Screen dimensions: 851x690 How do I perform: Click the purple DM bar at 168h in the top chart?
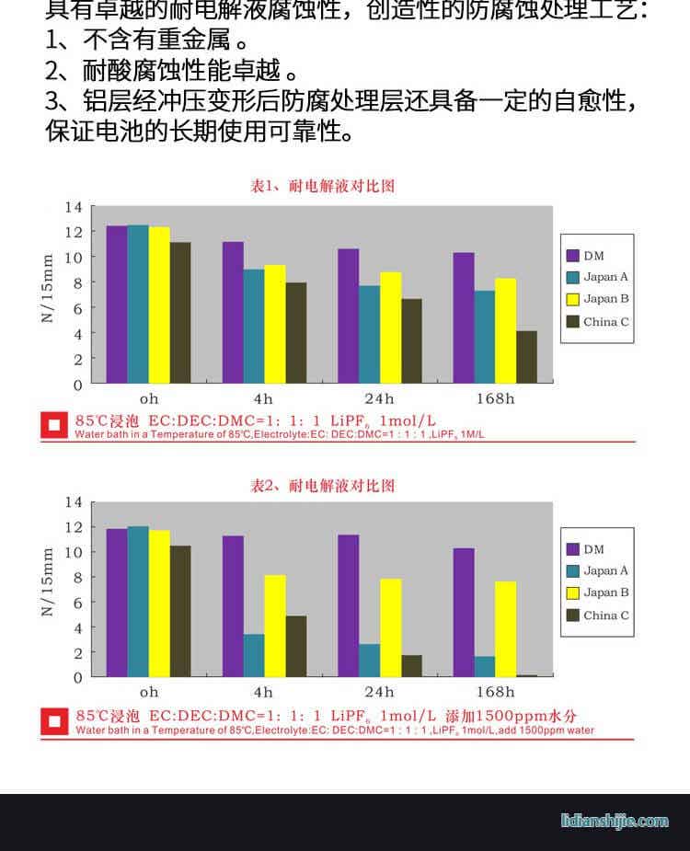point(463,317)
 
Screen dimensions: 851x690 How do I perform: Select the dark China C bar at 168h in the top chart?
point(526,357)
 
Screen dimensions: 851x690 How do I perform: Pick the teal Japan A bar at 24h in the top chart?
point(369,334)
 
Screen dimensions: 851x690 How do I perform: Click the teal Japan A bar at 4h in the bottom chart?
point(254,655)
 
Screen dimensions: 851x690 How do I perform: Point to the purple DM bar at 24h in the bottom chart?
point(348,605)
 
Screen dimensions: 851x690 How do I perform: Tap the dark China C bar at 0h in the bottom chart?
point(180,611)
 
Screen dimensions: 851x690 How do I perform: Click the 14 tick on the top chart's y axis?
point(74,207)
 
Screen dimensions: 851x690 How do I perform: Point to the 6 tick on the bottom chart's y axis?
point(77,603)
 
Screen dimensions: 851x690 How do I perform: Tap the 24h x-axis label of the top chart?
point(378,398)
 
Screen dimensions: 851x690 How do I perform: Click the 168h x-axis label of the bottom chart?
point(494,692)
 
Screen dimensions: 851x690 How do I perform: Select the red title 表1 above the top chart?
point(323,187)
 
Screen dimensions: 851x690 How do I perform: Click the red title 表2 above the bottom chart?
point(323,486)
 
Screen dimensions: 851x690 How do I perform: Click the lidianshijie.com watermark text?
point(615,821)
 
